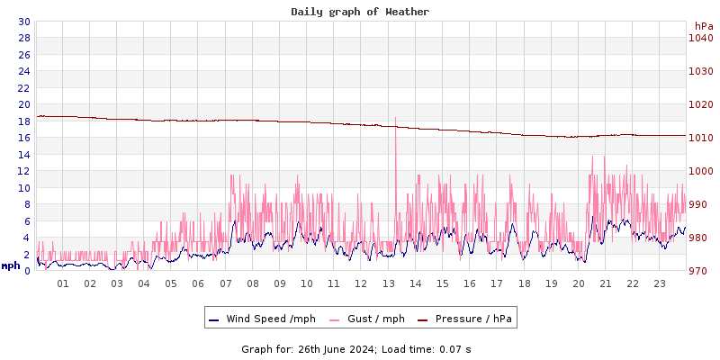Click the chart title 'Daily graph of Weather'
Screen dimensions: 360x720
coord(360,12)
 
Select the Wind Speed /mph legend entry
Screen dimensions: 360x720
coord(262,319)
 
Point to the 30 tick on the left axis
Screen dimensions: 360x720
coord(23,22)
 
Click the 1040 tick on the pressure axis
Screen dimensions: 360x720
coord(700,38)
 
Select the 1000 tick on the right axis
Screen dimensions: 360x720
coord(700,171)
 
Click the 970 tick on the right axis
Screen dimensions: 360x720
coord(700,271)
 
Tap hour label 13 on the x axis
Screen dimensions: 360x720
coord(389,283)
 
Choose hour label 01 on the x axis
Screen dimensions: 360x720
coord(63,283)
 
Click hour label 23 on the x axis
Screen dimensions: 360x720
coord(660,283)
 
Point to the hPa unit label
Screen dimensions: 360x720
coord(703,26)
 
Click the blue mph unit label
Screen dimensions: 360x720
coord(11,265)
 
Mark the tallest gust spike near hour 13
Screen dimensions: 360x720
coord(395,118)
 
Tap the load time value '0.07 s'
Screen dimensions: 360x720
coord(454,348)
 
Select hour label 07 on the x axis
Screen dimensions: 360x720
coord(226,283)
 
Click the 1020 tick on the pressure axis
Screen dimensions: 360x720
coord(700,104)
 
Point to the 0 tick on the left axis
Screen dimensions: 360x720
coord(27,271)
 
